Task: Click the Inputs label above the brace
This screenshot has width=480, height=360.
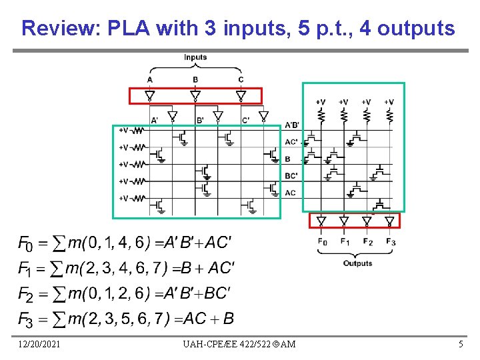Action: tap(195, 57)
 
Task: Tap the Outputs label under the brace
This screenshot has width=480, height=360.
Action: tap(357, 263)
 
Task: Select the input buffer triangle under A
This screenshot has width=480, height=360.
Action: tap(150, 96)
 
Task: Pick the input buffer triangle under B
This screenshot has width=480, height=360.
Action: tap(195, 96)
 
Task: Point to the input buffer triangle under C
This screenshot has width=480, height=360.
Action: tap(241, 96)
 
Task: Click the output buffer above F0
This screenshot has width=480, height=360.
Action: tap(321, 221)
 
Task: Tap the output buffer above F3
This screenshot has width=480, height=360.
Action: tap(389, 221)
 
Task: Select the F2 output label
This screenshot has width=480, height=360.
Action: tap(367, 241)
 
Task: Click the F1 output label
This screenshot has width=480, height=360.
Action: tap(345, 241)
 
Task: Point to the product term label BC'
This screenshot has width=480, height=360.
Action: tap(291, 176)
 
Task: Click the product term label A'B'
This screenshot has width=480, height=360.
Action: tap(292, 125)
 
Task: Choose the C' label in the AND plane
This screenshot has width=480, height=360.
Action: tap(246, 121)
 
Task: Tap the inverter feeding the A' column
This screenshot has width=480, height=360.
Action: tap(172, 117)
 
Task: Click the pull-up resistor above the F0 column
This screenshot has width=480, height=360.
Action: tap(321, 115)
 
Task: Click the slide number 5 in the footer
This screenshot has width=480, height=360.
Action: tap(460, 343)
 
